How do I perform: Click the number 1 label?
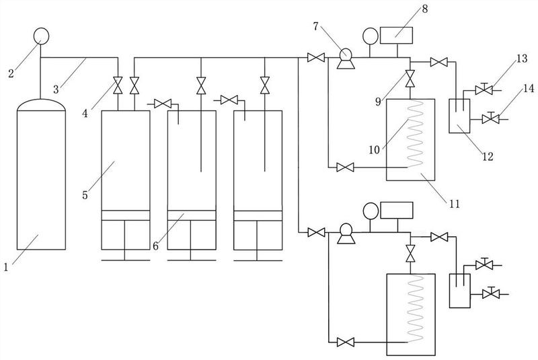tap(6, 266)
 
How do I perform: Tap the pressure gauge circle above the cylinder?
tap(41, 36)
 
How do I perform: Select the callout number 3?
tap(56, 89)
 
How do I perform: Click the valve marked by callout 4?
tap(118, 85)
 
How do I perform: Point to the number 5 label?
tap(85, 195)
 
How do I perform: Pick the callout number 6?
tap(155, 246)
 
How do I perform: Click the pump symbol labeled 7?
tap(346, 59)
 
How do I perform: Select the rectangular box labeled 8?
tap(396, 35)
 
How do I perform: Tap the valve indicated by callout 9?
tap(410, 79)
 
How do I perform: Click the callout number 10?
tap(375, 149)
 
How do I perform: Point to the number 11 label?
tap(455, 204)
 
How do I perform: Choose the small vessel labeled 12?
tap(460, 116)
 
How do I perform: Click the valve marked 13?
tap(484, 89)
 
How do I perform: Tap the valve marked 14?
tap(491, 118)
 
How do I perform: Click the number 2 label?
tap(11, 73)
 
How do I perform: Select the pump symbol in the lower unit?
tap(346, 233)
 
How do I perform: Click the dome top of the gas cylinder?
tap(41, 105)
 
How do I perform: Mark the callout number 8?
tap(425, 9)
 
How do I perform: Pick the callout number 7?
tap(315, 26)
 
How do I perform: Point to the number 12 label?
tap(488, 157)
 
